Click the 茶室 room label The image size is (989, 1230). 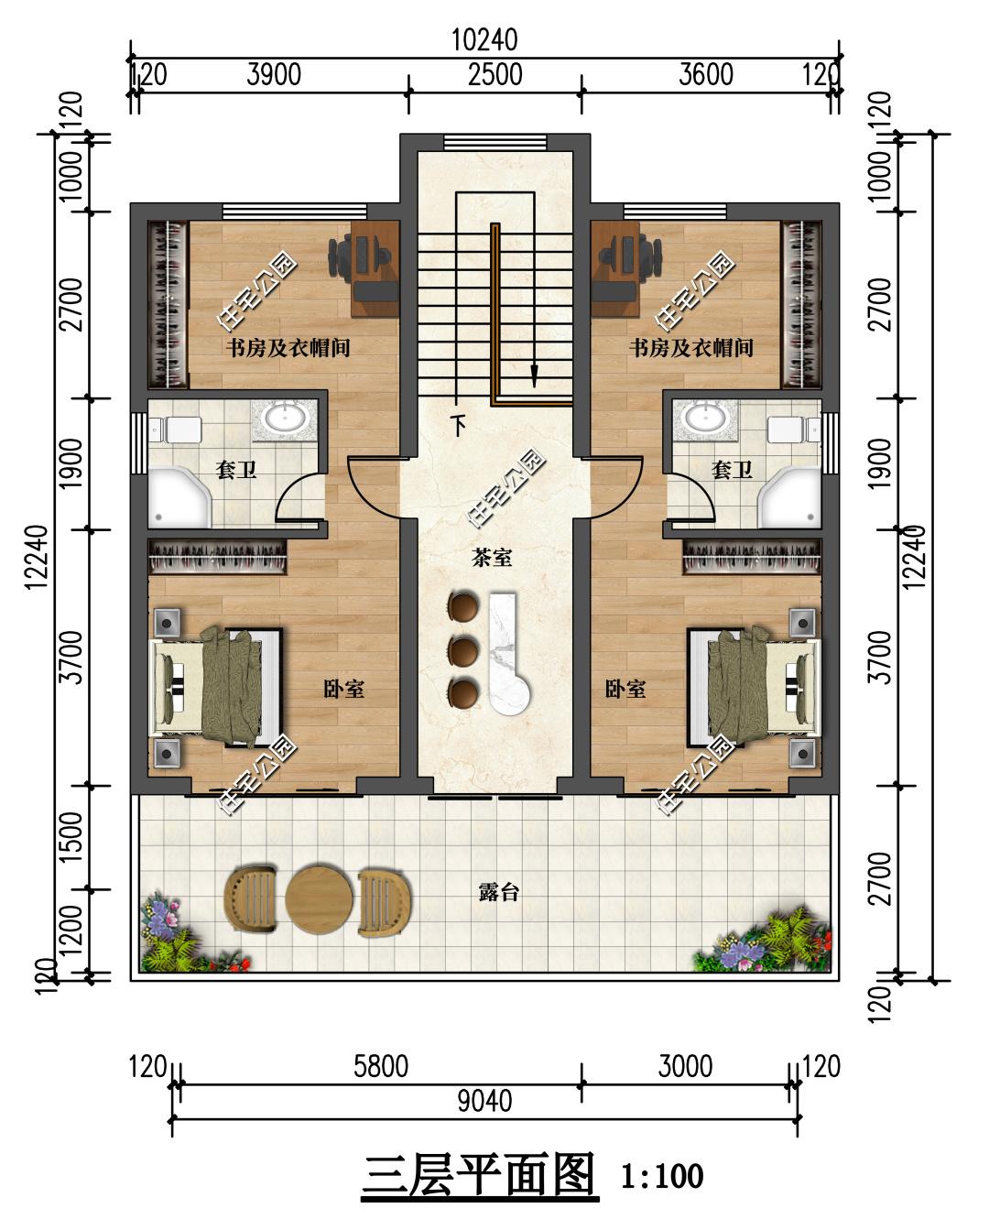click(x=492, y=557)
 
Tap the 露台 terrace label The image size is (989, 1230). click(x=499, y=892)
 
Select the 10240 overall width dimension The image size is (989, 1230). click(x=484, y=40)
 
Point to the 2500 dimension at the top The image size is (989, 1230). click(x=495, y=75)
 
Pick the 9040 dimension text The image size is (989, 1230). click(x=484, y=1101)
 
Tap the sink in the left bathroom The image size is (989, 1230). click(x=284, y=419)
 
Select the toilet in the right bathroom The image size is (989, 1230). click(x=795, y=430)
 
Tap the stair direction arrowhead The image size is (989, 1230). click(x=534, y=376)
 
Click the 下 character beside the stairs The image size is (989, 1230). click(x=458, y=425)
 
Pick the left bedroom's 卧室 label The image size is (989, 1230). click(x=343, y=690)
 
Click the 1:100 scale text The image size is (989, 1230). click(x=662, y=1176)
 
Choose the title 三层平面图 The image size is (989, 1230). click(x=480, y=1174)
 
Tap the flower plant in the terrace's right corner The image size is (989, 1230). click(x=763, y=942)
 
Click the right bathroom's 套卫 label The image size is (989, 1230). click(x=732, y=470)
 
